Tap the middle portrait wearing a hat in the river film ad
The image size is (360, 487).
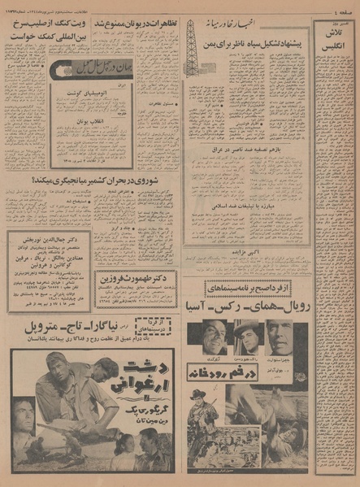click(x=249, y=333)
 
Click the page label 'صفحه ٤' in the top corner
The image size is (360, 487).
click(x=341, y=9)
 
